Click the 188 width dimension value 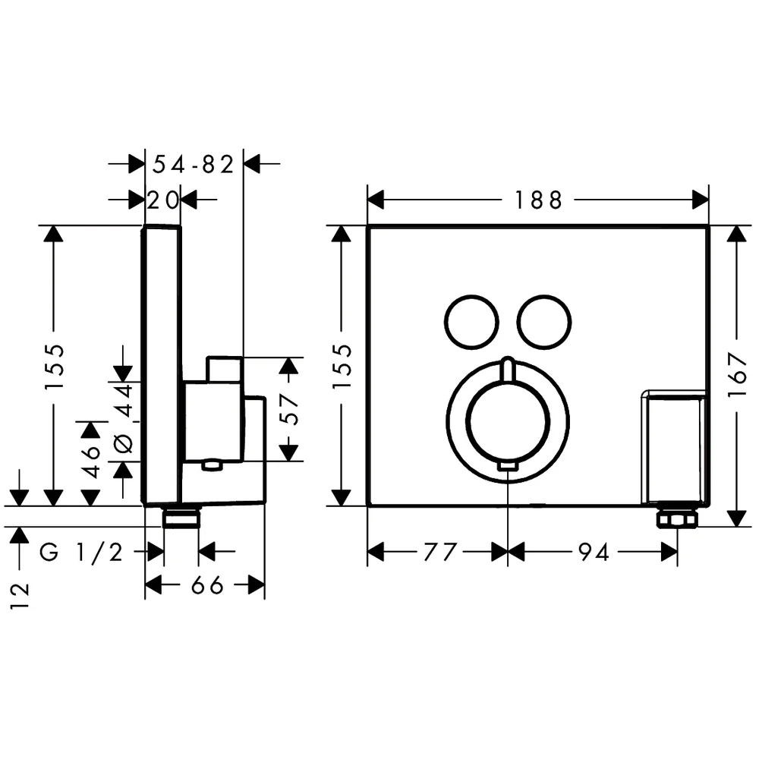(x=538, y=200)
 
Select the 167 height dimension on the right (x=739, y=375)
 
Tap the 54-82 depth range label (x=193, y=165)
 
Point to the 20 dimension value (x=163, y=200)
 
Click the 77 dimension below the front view (x=440, y=552)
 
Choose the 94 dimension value (x=594, y=552)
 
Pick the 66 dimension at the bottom (x=207, y=586)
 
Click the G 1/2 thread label (x=81, y=552)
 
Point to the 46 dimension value (x=90, y=461)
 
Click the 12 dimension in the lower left (x=20, y=595)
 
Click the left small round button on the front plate (x=471, y=322)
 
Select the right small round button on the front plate (x=544, y=322)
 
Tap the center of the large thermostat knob (x=508, y=421)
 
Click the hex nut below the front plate (x=677, y=519)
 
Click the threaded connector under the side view (x=181, y=518)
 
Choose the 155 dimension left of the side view (x=54, y=367)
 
